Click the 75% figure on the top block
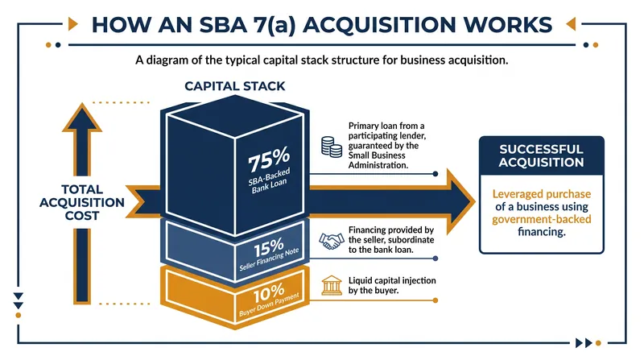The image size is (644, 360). pyautogui.click(x=269, y=159)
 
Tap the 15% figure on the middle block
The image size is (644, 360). pyautogui.click(x=269, y=247)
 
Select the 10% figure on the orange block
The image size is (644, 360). pyautogui.click(x=269, y=293)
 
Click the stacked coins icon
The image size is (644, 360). pyautogui.click(x=332, y=147)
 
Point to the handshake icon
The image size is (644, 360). pyautogui.click(x=332, y=241)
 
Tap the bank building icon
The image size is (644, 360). pyautogui.click(x=332, y=285)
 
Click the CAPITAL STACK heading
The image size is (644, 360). pyautogui.click(x=234, y=86)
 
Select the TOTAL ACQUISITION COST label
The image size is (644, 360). pyautogui.click(x=82, y=203)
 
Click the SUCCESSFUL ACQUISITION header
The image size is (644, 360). pyautogui.click(x=541, y=155)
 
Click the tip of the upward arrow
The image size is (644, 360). pyautogui.click(x=82, y=104)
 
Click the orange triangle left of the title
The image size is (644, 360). pyautogui.click(x=72, y=24)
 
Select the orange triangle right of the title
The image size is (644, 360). pyautogui.click(x=571, y=24)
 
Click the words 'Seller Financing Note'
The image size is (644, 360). pyautogui.click(x=269, y=259)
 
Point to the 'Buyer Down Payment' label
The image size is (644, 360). pyautogui.click(x=269, y=305)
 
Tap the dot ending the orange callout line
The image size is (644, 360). pyautogui.click(x=436, y=300)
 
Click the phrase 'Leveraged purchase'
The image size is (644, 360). pyautogui.click(x=541, y=194)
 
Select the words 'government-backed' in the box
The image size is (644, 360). pyautogui.click(x=541, y=219)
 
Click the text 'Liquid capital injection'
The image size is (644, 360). pyautogui.click(x=392, y=281)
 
